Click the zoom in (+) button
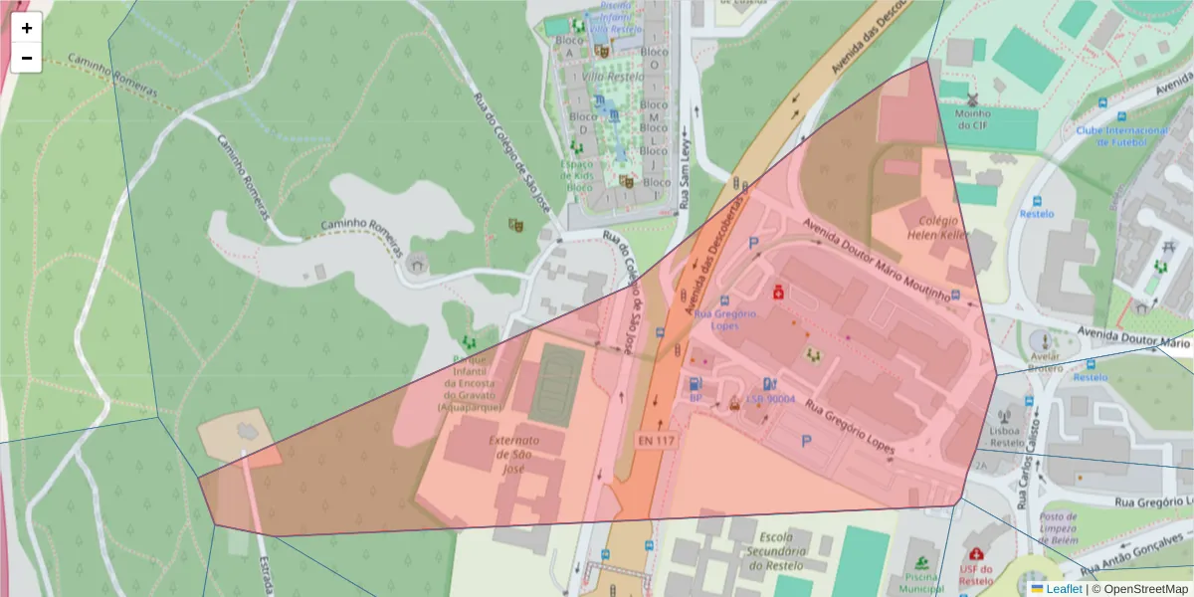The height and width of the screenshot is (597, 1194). [x=27, y=28]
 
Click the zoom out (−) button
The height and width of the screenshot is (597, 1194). [x=27, y=58]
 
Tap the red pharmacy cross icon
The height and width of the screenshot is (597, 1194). [x=777, y=293]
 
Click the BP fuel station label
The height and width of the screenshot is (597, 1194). [x=696, y=398]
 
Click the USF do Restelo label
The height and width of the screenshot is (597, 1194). [x=976, y=574]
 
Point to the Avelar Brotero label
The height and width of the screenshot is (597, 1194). [x=1045, y=361]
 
